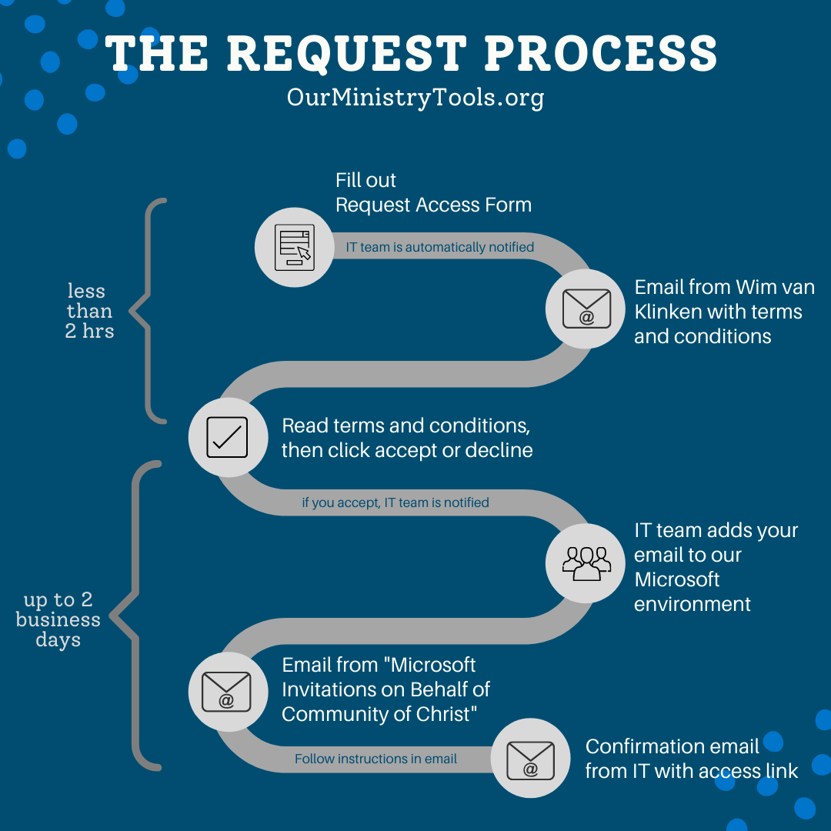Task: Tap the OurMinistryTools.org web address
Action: pyautogui.click(x=415, y=98)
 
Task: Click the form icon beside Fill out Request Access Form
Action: pyautogui.click(x=294, y=248)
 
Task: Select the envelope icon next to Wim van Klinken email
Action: pyautogui.click(x=586, y=309)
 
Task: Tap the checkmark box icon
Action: pyautogui.click(x=228, y=437)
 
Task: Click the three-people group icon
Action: pyautogui.click(x=586, y=562)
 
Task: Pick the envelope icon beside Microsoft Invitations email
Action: pyautogui.click(x=228, y=691)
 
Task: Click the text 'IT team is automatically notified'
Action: pyautogui.click(x=439, y=247)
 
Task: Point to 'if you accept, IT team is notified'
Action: pyautogui.click(x=395, y=502)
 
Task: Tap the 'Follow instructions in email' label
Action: pyautogui.click(x=375, y=759)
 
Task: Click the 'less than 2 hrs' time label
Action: pyautogui.click(x=89, y=312)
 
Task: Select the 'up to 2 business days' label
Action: pyautogui.click(x=58, y=620)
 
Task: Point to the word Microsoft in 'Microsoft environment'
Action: pyautogui.click(x=677, y=579)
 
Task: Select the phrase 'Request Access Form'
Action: pyautogui.click(x=433, y=205)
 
